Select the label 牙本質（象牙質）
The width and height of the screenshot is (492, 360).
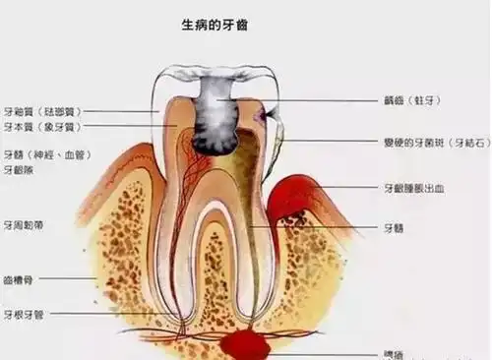point(40,127)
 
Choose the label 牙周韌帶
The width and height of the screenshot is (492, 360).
point(24,224)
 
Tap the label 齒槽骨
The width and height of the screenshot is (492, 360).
point(20,278)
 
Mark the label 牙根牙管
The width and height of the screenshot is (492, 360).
point(24,315)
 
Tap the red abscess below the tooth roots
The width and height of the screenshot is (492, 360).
point(246,344)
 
